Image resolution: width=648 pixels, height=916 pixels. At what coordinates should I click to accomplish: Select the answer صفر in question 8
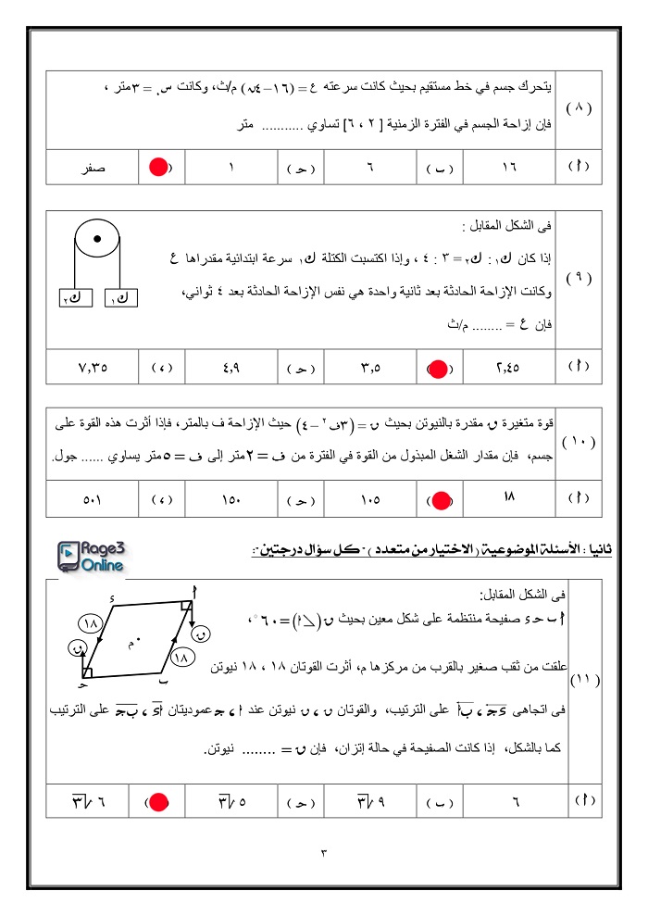(93, 168)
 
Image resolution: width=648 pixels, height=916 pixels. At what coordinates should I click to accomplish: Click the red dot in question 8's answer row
(157, 168)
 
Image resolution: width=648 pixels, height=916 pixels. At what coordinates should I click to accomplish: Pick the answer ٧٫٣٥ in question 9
(93, 368)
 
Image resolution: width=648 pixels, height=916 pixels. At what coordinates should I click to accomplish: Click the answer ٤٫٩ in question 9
(231, 368)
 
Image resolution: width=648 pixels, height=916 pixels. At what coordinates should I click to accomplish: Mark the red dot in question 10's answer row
(442, 501)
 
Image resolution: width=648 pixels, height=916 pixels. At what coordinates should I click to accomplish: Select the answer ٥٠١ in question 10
(93, 501)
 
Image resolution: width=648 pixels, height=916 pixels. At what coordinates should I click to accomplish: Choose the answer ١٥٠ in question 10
(231, 501)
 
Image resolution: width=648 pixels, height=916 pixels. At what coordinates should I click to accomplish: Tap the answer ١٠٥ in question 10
(370, 501)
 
